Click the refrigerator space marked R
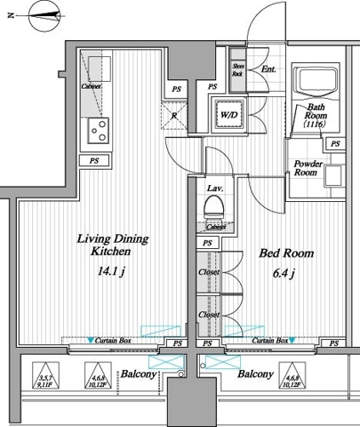(176, 114)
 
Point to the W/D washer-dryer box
(227, 114)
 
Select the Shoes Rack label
(237, 69)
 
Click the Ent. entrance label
(267, 69)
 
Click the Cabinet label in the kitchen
(91, 86)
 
